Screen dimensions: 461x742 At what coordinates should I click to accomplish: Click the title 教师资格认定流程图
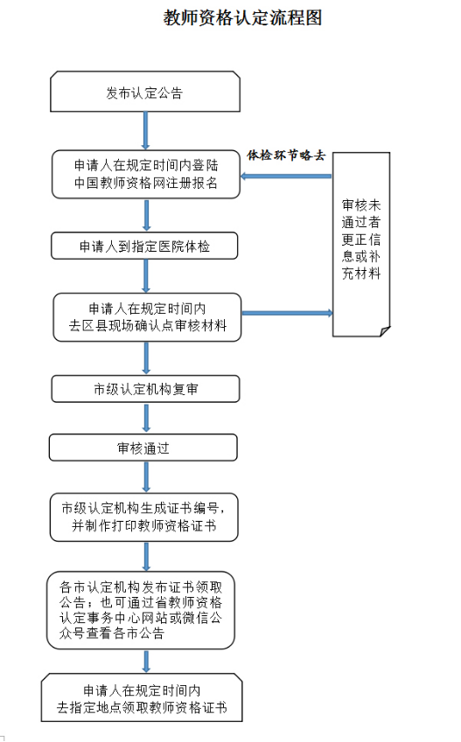pyautogui.click(x=242, y=18)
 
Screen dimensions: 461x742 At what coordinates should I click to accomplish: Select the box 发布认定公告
pyautogui.click(x=145, y=92)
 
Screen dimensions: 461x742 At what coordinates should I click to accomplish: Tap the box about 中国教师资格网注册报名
pyautogui.click(x=146, y=174)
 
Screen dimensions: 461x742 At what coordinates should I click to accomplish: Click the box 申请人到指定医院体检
pyautogui.click(x=144, y=246)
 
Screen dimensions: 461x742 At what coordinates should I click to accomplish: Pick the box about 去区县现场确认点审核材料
pyautogui.click(x=147, y=317)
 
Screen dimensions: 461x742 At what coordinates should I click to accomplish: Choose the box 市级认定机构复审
pyautogui.click(x=145, y=389)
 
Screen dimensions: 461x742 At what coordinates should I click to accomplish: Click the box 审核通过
pyautogui.click(x=143, y=447)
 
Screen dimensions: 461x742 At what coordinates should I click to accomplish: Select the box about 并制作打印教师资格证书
pyautogui.click(x=144, y=517)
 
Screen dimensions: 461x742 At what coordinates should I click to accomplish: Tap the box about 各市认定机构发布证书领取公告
pyautogui.click(x=141, y=610)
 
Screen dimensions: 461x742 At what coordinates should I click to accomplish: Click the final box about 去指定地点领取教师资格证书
pyautogui.click(x=142, y=697)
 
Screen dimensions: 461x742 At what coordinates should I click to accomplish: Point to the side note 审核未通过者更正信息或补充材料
pyautogui.click(x=361, y=244)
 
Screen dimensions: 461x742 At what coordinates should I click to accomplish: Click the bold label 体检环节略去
pyautogui.click(x=286, y=156)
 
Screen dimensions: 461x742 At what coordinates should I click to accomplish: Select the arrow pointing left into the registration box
pyautogui.click(x=286, y=177)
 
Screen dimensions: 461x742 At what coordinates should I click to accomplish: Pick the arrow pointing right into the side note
pyautogui.click(x=288, y=313)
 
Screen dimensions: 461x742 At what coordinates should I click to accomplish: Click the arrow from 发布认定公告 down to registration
pyautogui.click(x=145, y=131)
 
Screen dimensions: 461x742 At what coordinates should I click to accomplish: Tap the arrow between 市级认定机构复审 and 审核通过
pyautogui.click(x=146, y=419)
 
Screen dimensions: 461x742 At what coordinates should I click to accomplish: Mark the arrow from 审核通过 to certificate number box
pyautogui.click(x=146, y=477)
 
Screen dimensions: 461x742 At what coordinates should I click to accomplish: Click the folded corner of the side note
pyautogui.click(x=385, y=330)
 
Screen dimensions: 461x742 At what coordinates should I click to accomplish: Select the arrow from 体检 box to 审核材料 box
pyautogui.click(x=146, y=276)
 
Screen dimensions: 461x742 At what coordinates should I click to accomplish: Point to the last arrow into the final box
pyautogui.click(x=146, y=662)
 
